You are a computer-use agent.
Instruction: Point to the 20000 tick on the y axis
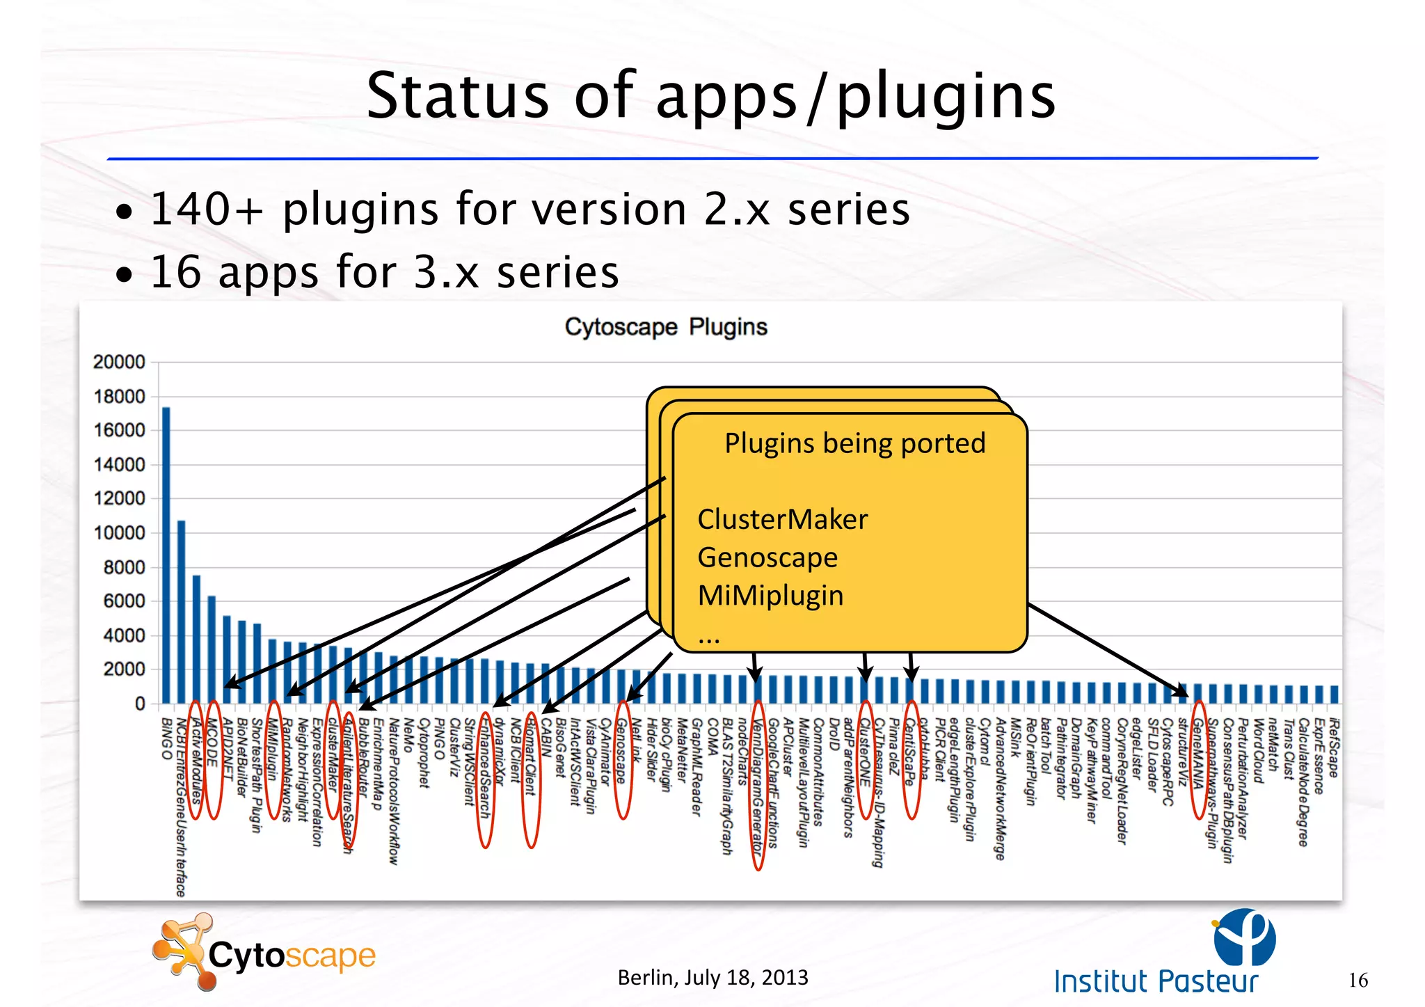(x=119, y=362)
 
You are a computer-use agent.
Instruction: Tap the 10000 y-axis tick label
(x=119, y=533)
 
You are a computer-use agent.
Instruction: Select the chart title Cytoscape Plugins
(x=666, y=326)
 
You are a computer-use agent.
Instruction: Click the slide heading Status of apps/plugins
(x=710, y=95)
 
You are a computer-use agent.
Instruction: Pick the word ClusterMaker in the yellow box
(x=782, y=519)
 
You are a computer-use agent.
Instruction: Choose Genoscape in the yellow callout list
(x=767, y=557)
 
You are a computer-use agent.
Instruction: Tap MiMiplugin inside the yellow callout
(x=770, y=596)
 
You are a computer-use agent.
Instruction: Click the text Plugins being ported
(x=855, y=443)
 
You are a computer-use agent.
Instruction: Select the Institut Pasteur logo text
(x=1156, y=981)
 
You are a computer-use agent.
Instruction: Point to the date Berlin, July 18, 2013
(x=712, y=978)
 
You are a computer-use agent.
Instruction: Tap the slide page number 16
(x=1358, y=981)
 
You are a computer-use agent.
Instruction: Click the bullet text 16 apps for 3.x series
(x=384, y=271)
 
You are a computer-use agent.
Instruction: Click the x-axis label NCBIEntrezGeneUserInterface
(x=181, y=807)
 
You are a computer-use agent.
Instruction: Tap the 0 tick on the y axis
(x=140, y=704)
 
